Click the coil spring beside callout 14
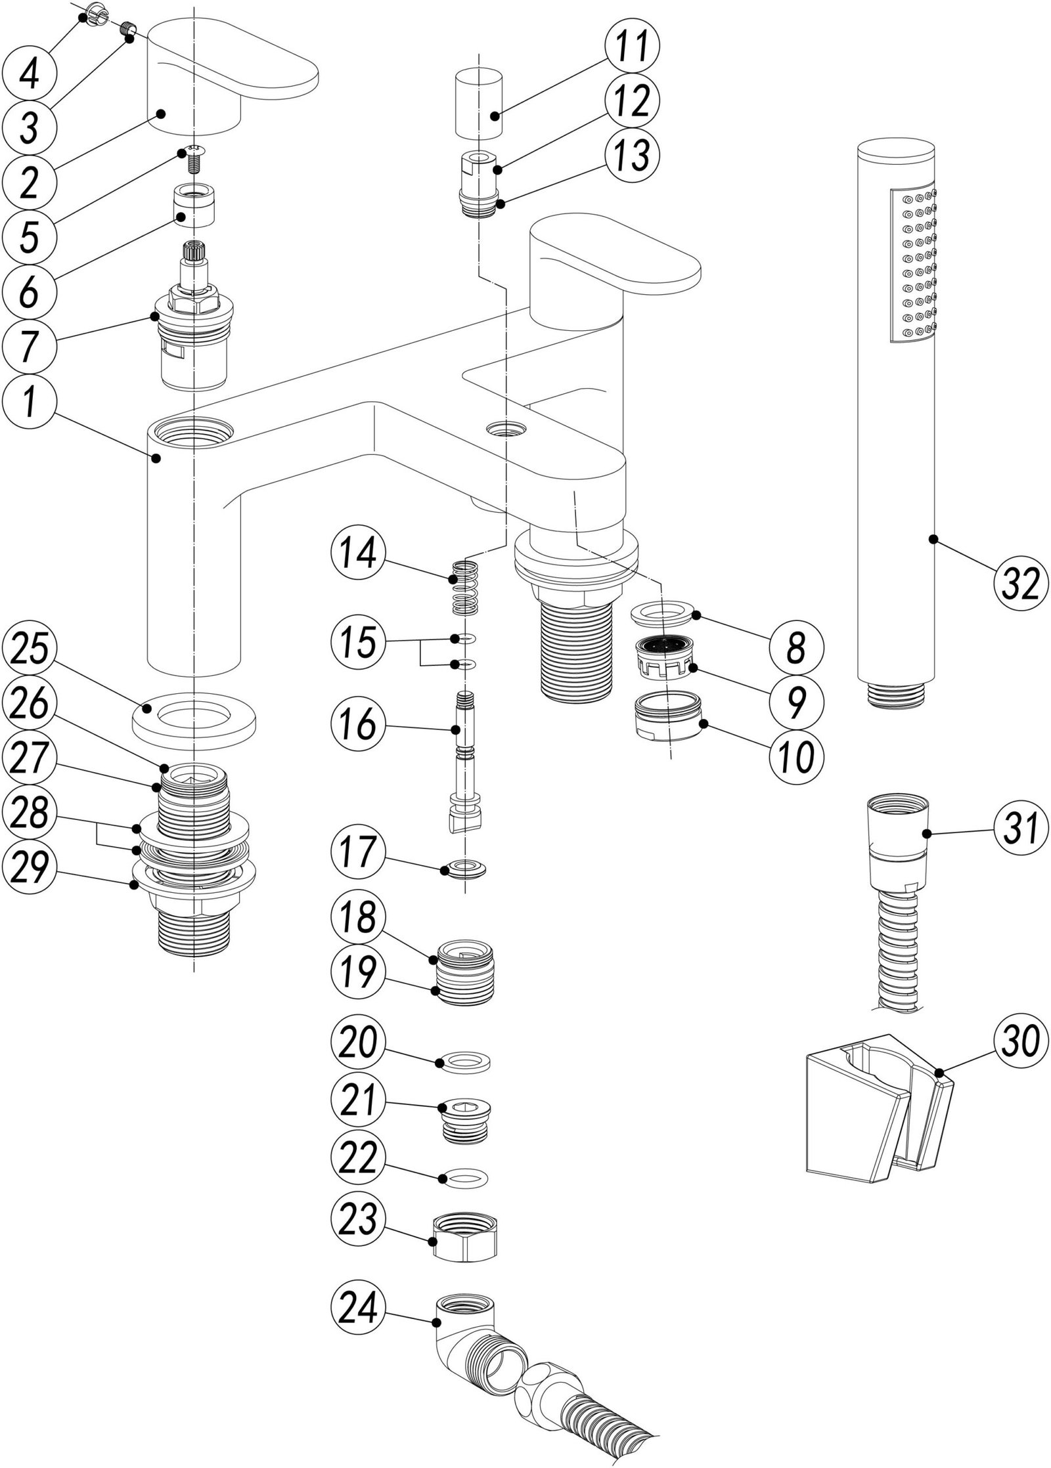click(x=466, y=588)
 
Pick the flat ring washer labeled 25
click(x=194, y=719)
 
